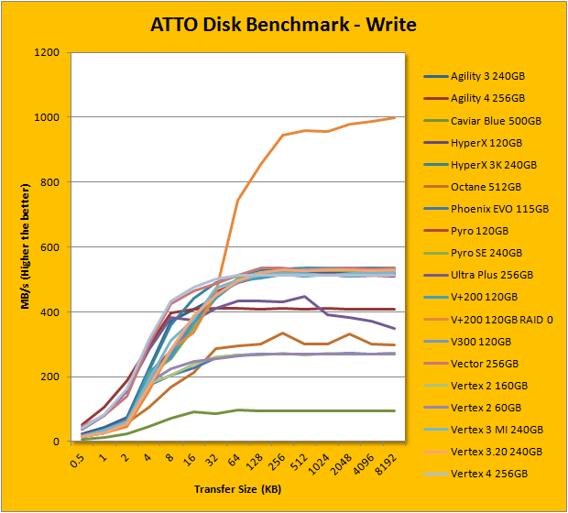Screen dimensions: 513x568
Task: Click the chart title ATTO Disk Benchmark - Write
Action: coord(283,24)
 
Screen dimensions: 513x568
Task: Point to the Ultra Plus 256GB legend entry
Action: coord(492,274)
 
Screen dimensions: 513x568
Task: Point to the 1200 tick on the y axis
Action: coord(47,53)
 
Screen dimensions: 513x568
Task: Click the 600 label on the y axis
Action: coord(50,247)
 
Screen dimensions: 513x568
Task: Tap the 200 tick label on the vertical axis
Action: coord(50,377)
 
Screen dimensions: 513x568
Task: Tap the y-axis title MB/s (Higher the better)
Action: coord(27,247)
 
